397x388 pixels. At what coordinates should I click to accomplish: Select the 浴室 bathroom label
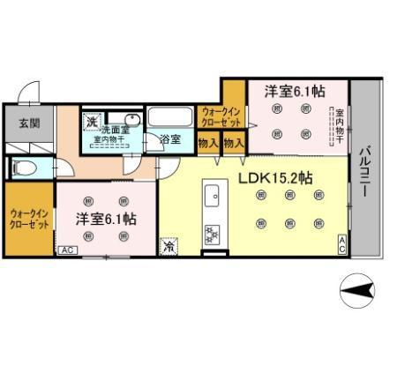pyautogui.click(x=170, y=139)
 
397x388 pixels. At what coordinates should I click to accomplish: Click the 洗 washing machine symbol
pyautogui.click(x=91, y=121)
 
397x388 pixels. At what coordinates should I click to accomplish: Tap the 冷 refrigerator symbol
pyautogui.click(x=169, y=247)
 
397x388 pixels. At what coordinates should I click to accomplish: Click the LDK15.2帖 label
pyautogui.click(x=275, y=176)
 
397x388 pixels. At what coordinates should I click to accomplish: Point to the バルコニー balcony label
pyautogui.click(x=363, y=173)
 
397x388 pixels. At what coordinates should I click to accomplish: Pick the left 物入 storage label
pyautogui.click(x=208, y=141)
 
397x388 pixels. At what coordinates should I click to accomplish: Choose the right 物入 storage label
pyautogui.click(x=233, y=141)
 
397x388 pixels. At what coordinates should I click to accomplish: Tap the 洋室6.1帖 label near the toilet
pyautogui.click(x=104, y=218)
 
